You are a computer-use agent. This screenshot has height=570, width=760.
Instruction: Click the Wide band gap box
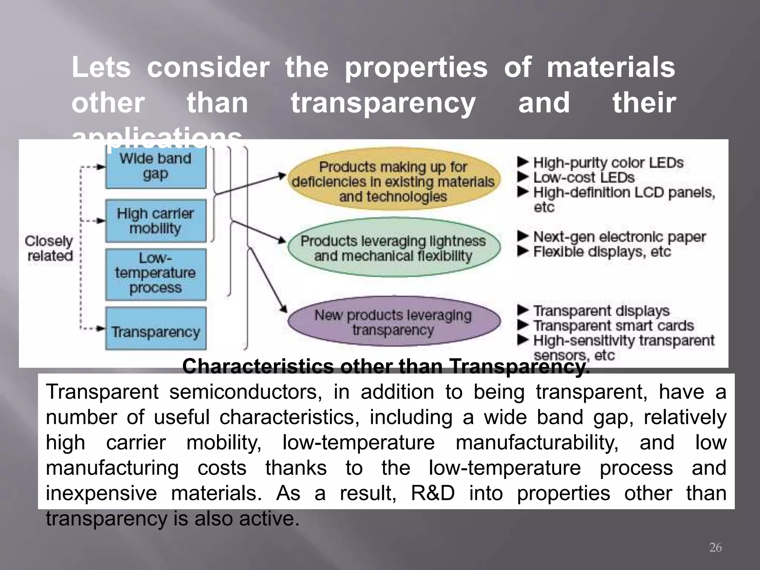(155, 167)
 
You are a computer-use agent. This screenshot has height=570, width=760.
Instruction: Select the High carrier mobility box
(155, 221)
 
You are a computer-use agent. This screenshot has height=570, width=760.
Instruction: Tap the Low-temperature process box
(155, 274)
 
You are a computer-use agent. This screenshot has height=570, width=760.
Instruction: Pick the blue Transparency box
(155, 329)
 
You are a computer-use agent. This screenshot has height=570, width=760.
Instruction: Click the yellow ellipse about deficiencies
(393, 181)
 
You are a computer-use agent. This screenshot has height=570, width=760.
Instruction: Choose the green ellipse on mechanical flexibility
(393, 248)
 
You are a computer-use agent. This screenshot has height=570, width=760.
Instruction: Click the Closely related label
(49, 248)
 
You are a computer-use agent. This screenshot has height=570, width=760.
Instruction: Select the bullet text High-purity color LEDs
(608, 163)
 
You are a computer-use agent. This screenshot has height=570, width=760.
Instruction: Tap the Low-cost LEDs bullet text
(584, 177)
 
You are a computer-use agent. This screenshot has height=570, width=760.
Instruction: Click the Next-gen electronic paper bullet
(619, 237)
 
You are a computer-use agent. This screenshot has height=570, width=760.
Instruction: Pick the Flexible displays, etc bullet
(602, 252)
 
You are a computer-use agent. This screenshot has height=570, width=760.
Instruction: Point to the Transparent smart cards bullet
(613, 325)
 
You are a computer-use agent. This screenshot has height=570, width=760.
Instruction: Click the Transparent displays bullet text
(601, 311)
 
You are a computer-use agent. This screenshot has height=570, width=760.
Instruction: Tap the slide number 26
(715, 547)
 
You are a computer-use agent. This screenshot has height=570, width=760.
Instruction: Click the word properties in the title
(416, 68)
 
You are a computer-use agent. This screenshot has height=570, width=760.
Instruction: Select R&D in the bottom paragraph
(433, 493)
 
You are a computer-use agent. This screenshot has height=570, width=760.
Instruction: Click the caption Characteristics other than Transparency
(386, 367)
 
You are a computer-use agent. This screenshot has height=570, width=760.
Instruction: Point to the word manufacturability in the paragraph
(537, 443)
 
